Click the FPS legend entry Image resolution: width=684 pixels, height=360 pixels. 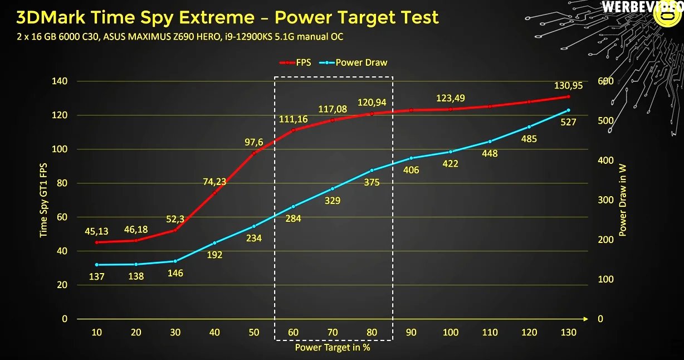click(295, 62)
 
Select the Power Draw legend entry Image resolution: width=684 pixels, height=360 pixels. click(353, 62)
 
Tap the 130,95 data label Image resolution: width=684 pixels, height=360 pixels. click(568, 86)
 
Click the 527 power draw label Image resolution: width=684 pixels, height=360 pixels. click(568, 122)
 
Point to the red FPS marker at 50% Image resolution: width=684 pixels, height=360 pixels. click(254, 153)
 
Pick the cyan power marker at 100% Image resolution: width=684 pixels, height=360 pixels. click(451, 152)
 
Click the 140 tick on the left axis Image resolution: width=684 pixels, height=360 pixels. click(60, 81)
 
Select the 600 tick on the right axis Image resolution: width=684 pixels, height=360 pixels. click(605, 81)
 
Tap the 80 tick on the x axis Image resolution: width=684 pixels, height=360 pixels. click(372, 332)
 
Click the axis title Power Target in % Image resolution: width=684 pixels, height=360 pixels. click(333, 348)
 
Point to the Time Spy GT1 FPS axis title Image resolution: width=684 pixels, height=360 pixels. click(43, 200)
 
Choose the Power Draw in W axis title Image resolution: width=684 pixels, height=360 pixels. click(622, 200)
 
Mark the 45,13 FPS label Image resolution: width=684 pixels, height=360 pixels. click(96, 231)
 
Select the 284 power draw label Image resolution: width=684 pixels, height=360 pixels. click(293, 218)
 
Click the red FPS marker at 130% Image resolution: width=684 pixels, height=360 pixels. click(568, 97)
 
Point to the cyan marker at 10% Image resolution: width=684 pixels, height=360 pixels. click(97, 265)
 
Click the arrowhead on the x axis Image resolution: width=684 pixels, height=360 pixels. click(585, 319)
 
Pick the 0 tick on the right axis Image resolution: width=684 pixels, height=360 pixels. click(600, 319)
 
